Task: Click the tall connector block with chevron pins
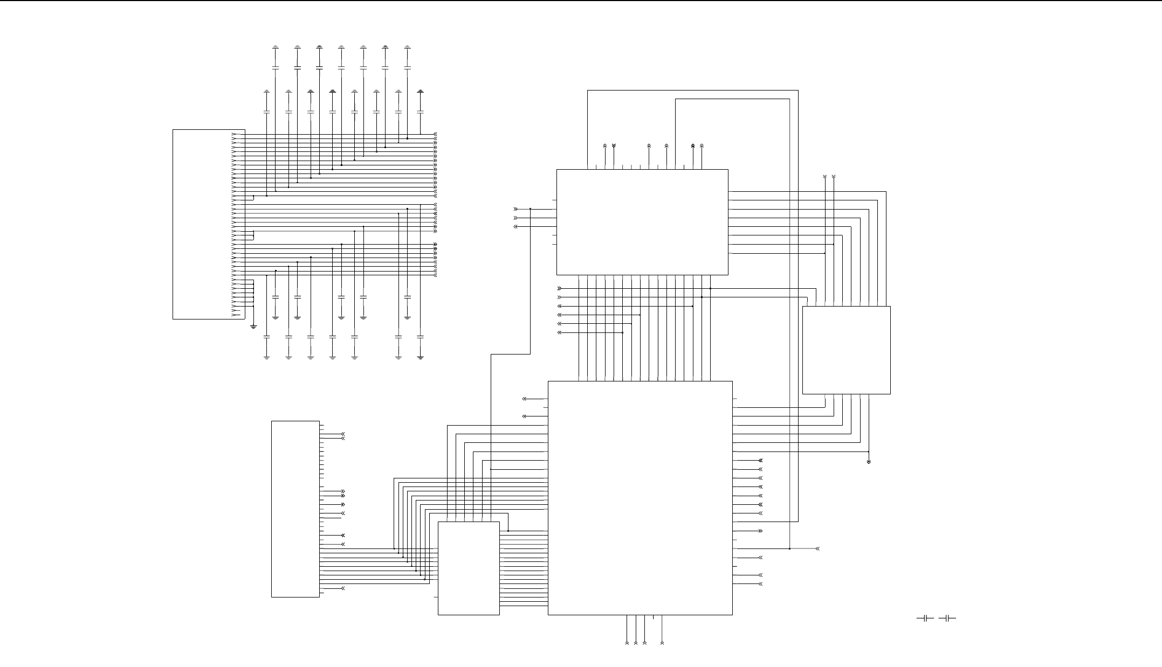(x=209, y=224)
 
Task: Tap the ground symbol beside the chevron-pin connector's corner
(x=253, y=325)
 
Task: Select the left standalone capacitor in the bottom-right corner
(x=925, y=618)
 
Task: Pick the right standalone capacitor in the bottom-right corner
(x=947, y=618)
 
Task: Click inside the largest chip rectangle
(x=640, y=498)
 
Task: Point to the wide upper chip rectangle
(x=642, y=222)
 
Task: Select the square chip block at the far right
(x=846, y=350)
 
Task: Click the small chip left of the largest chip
(x=469, y=568)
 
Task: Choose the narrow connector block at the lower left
(x=295, y=509)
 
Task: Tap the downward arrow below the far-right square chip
(x=869, y=462)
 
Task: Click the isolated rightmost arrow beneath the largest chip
(x=662, y=643)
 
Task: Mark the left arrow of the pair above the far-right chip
(x=825, y=177)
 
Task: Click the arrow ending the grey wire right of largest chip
(x=817, y=548)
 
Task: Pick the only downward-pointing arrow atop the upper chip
(x=614, y=146)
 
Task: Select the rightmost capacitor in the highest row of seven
(x=407, y=67)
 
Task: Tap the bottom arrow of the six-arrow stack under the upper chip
(x=559, y=332)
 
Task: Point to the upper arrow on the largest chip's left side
(x=524, y=399)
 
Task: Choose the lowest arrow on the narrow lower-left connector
(x=342, y=588)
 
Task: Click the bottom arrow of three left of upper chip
(x=515, y=227)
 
